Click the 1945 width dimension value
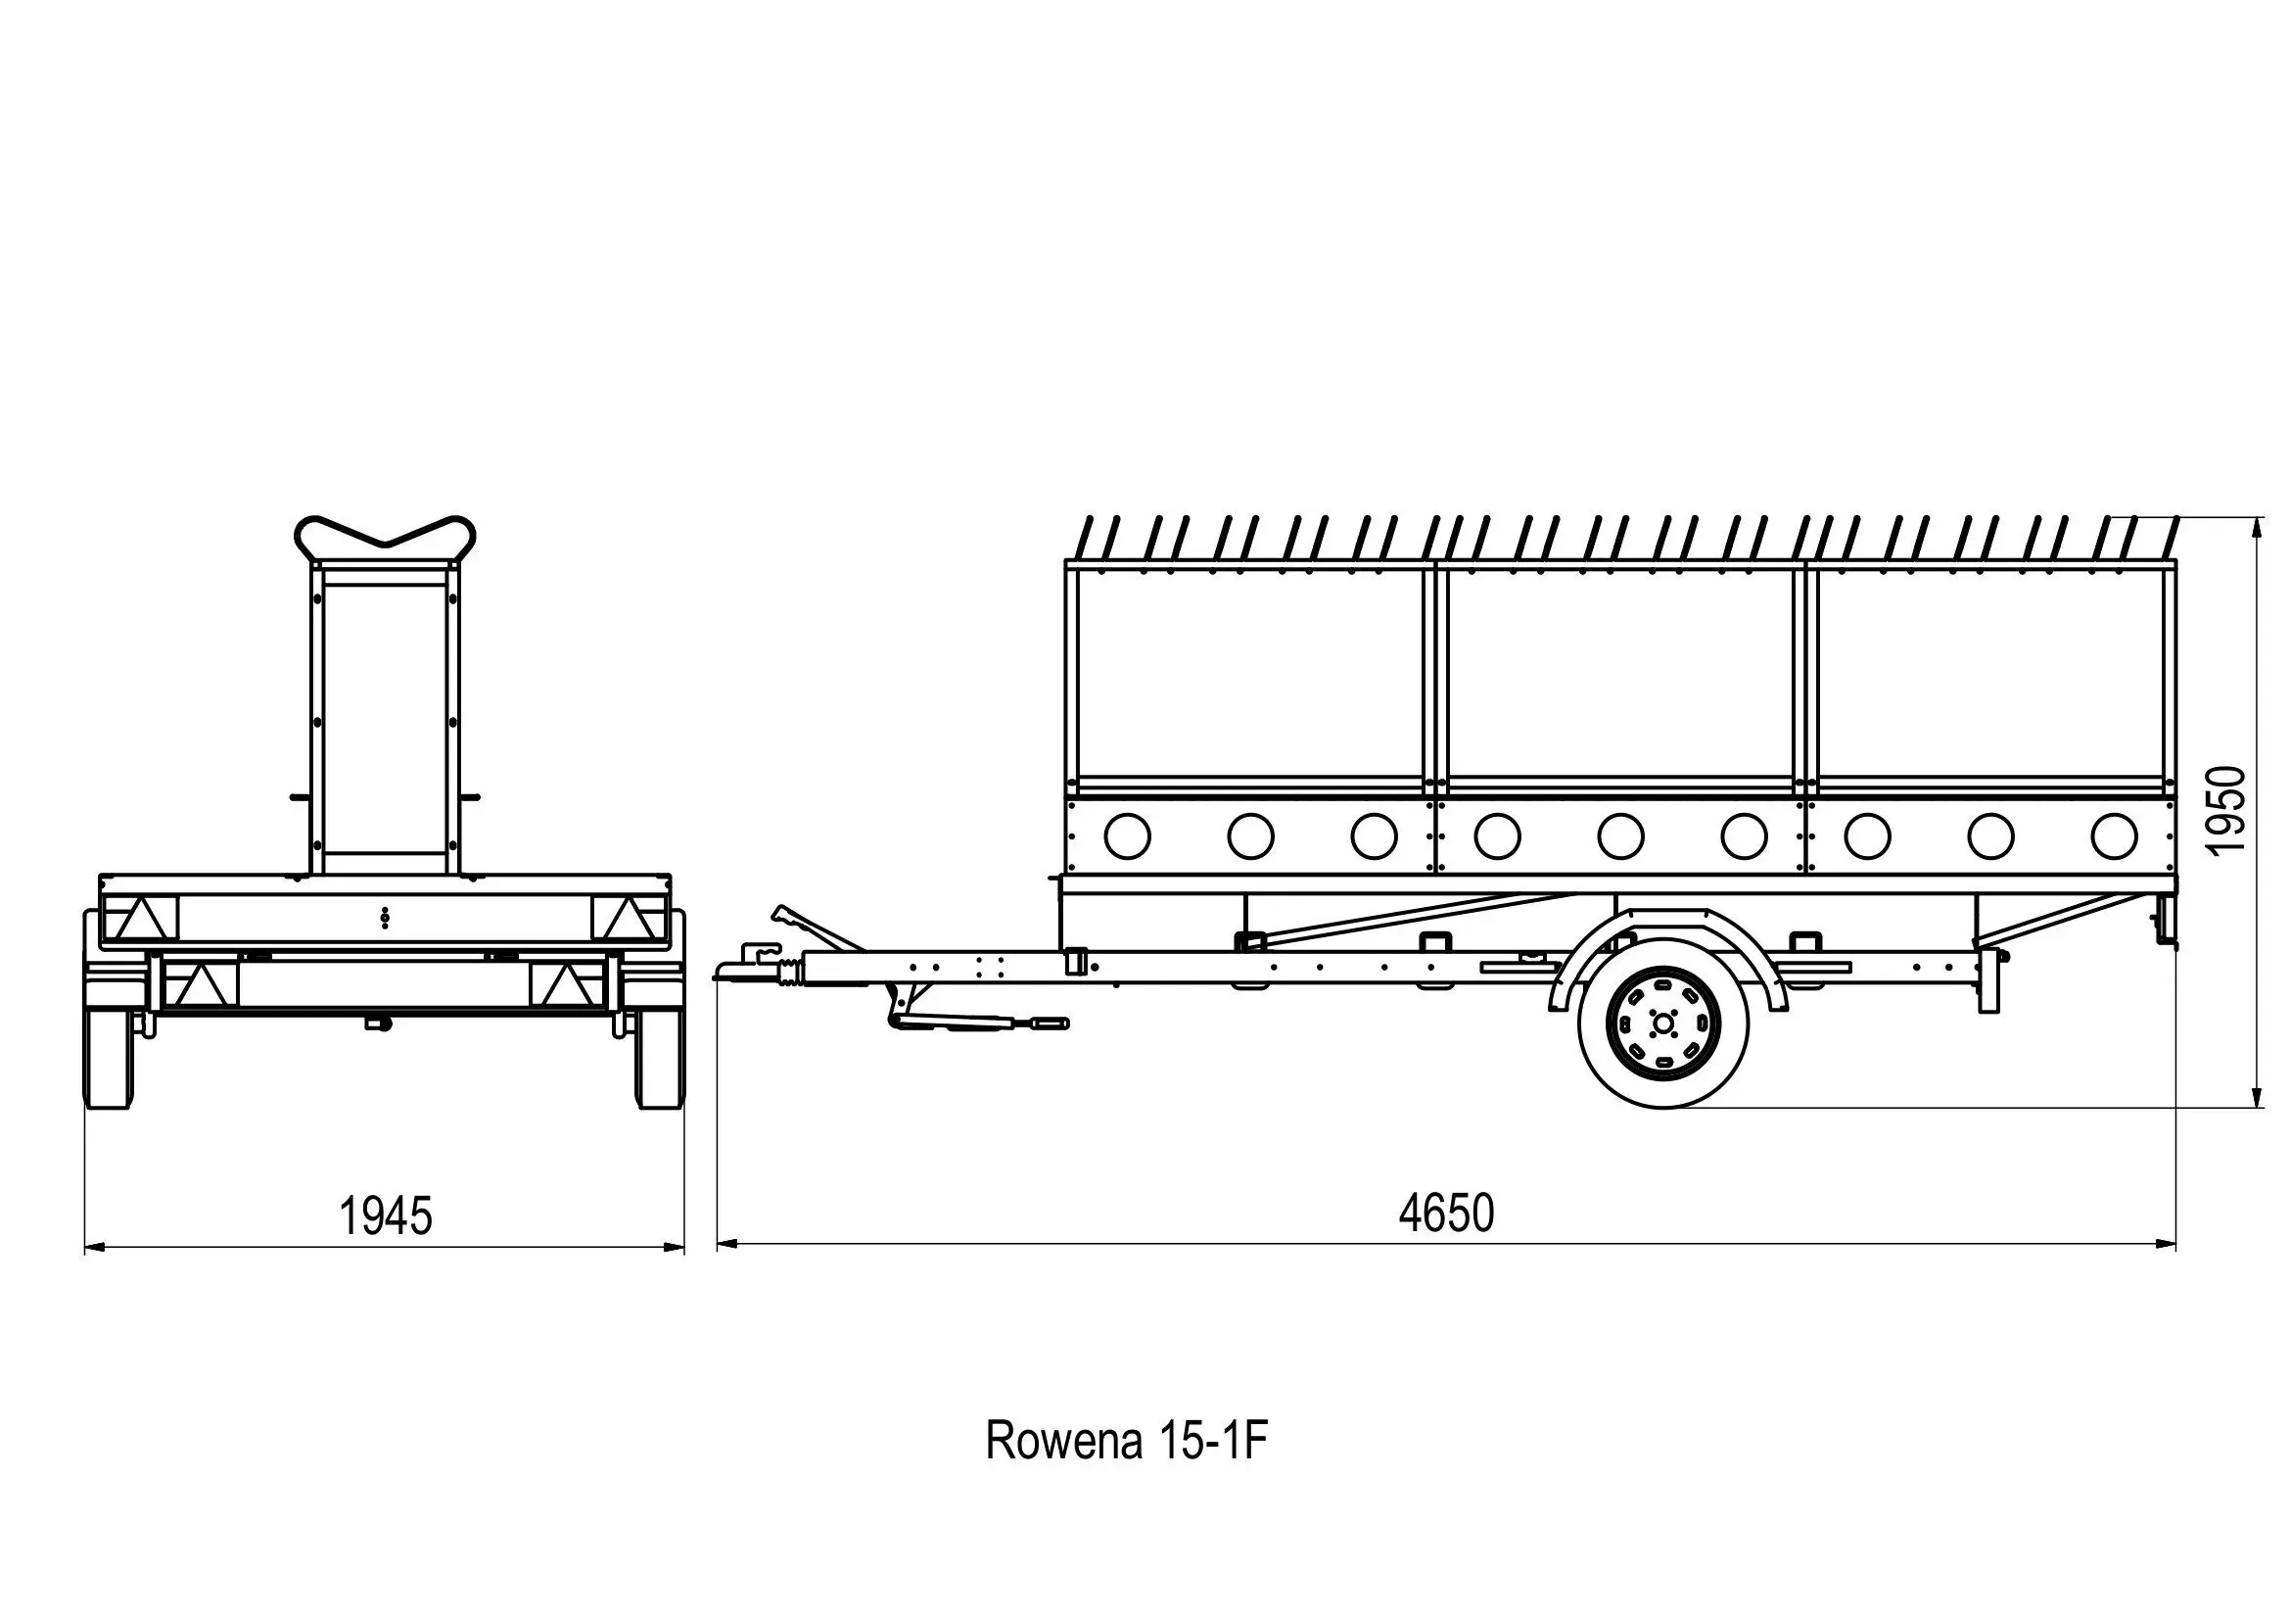click(386, 1216)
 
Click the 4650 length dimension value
click(1446, 1213)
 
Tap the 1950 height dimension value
click(2225, 810)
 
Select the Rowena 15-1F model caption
click(1126, 1441)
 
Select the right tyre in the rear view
click(658, 1059)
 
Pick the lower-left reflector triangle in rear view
click(200, 986)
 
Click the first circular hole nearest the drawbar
click(1127, 835)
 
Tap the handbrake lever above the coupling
click(813, 927)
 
